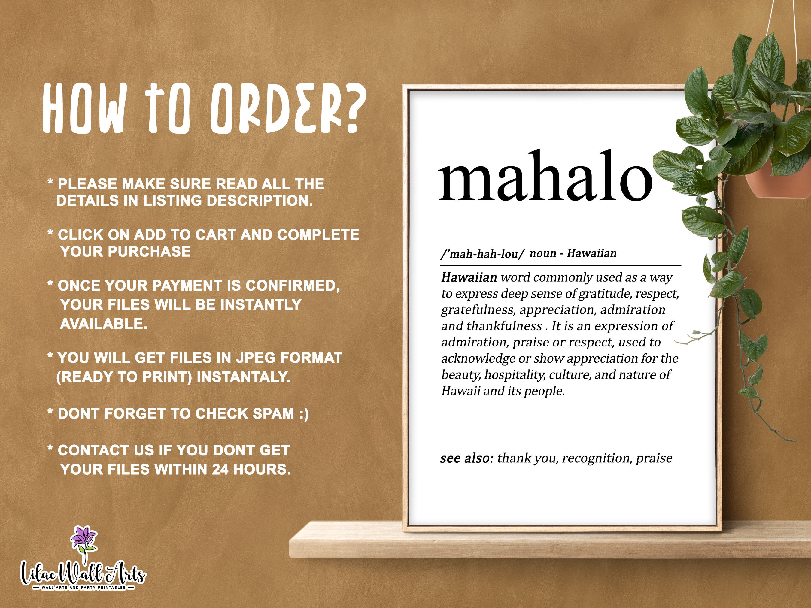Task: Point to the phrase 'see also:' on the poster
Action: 467,458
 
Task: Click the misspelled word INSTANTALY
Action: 243,377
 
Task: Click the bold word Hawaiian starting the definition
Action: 469,277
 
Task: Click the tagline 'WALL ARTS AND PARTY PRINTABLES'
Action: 84,588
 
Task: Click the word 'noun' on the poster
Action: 543,253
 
